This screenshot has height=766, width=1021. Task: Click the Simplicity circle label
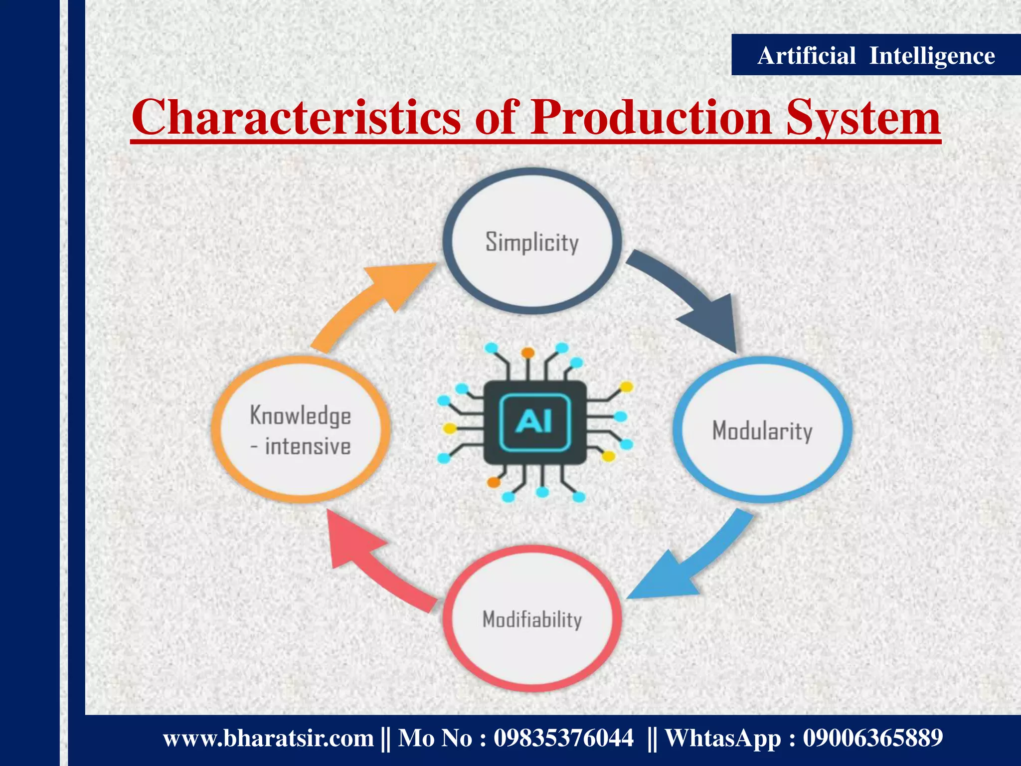(532, 242)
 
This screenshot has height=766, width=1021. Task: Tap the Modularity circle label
(762, 430)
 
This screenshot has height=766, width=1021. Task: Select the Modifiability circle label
(532, 619)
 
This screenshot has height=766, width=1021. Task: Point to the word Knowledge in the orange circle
(301, 415)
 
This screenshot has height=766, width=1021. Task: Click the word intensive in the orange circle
(308, 446)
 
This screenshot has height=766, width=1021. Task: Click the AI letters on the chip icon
(534, 422)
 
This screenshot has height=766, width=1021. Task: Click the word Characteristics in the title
(296, 118)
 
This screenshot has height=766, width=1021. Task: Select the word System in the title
(863, 118)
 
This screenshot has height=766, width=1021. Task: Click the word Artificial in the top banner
(806, 55)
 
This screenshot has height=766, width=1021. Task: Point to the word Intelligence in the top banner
(932, 55)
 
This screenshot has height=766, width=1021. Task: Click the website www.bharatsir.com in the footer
(268, 738)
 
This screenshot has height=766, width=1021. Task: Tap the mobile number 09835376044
(563, 738)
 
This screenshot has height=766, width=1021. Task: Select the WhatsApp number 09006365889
(872, 738)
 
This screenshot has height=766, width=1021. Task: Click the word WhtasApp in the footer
(723, 738)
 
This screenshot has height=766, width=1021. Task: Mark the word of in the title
(497, 118)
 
